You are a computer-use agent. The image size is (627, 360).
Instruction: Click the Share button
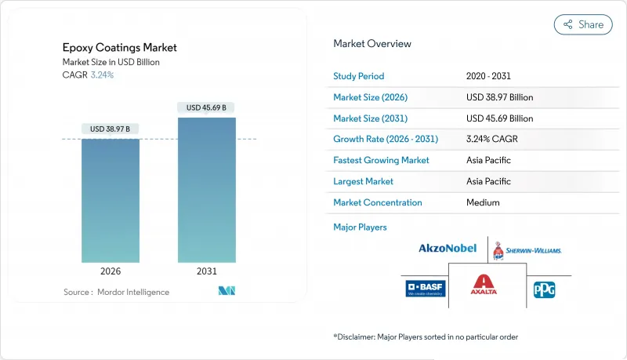pyautogui.click(x=583, y=24)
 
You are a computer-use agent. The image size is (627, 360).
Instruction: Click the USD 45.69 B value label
pyautogui.click(x=207, y=107)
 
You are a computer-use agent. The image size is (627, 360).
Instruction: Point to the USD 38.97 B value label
pyautogui.click(x=111, y=129)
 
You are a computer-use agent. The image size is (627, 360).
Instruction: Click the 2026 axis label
pyautogui.click(x=111, y=271)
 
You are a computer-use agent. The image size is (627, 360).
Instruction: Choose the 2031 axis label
pyautogui.click(x=207, y=271)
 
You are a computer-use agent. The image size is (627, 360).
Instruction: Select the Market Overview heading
pyautogui.click(x=372, y=44)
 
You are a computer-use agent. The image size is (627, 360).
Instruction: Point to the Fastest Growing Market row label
pyautogui.click(x=382, y=160)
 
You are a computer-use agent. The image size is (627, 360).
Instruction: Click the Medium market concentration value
pyautogui.click(x=483, y=202)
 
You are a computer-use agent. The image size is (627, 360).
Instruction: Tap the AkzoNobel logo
pyautogui.click(x=447, y=249)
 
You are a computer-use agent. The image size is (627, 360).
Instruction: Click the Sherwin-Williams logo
pyautogui.click(x=527, y=250)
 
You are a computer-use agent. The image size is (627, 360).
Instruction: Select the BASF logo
pyautogui.click(x=426, y=288)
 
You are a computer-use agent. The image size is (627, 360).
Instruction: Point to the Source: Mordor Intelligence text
pyautogui.click(x=116, y=292)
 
